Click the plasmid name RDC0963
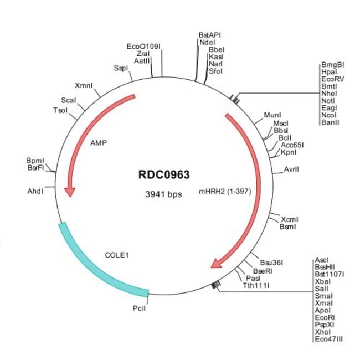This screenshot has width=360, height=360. coord(163,175)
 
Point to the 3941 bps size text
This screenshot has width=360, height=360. coord(163,194)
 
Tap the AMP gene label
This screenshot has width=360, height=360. coord(98,142)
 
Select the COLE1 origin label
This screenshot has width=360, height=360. coord(117,255)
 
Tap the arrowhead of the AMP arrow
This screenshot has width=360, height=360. coord(69,191)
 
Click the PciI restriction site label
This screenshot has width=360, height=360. coord(139,308)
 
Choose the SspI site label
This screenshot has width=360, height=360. coord(120,68)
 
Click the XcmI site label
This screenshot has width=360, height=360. coord(290,219)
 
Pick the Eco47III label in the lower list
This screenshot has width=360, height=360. coord(328,338)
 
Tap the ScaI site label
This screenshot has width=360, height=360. coord(69,100)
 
